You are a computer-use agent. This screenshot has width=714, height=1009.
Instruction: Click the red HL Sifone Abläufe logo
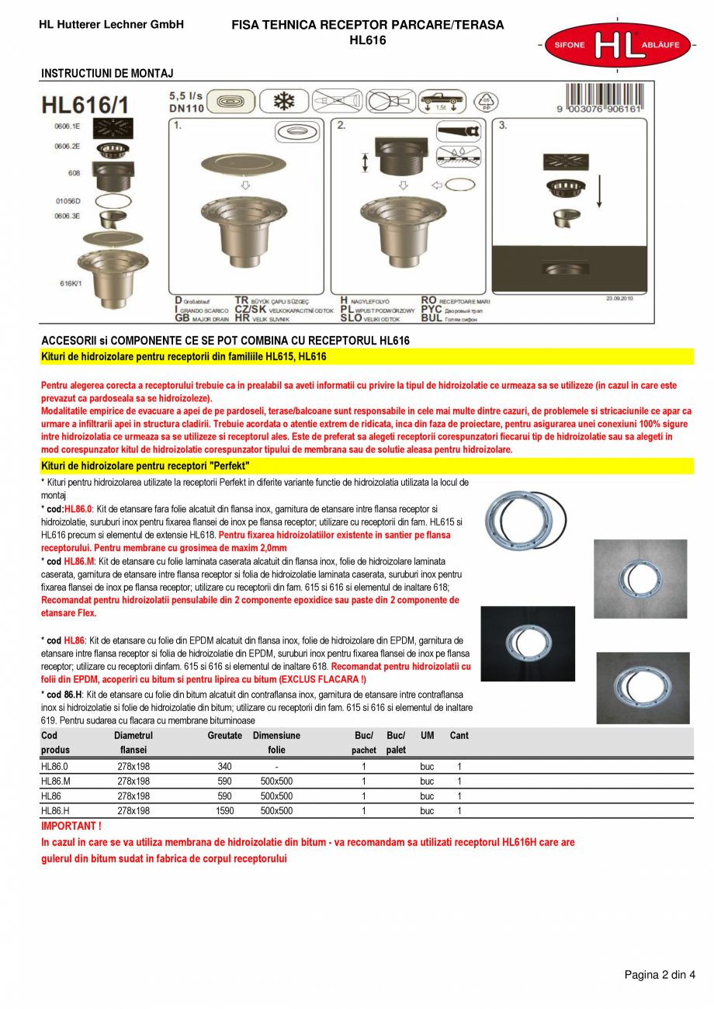616,45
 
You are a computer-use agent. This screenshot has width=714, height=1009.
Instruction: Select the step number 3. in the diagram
503,124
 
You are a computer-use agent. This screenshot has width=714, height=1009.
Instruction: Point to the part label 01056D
68,200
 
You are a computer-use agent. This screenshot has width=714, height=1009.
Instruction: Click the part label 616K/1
71,283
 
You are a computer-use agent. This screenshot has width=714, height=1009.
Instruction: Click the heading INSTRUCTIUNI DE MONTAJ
107,74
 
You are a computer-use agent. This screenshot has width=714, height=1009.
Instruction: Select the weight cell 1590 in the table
224,811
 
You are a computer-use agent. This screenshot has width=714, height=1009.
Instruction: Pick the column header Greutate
224,735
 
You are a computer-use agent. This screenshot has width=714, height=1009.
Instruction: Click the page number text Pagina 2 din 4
660,976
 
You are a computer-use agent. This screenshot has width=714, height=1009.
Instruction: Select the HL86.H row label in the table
55,811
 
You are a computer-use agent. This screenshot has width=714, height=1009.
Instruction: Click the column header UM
427,735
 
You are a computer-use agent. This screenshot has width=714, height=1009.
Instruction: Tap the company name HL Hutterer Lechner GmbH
111,25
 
